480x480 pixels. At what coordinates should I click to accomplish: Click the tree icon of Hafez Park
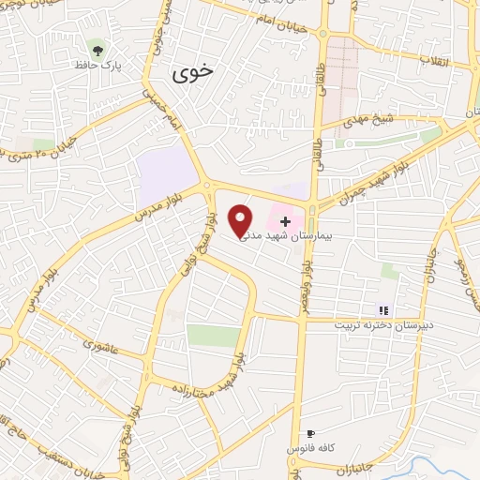97,48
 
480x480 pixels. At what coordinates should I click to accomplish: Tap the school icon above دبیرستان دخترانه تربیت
382,310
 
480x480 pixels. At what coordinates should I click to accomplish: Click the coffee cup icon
311,434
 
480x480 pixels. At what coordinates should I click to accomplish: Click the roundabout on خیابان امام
323,34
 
